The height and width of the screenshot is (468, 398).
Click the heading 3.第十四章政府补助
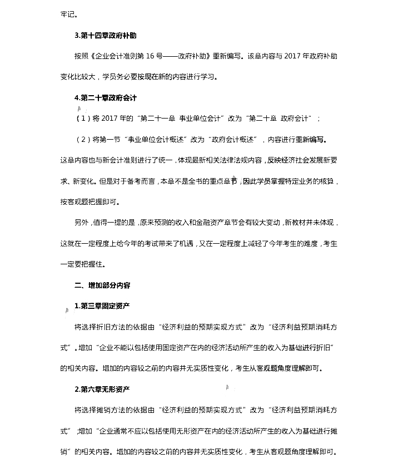[106, 35]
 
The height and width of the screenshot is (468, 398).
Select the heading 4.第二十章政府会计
[106, 98]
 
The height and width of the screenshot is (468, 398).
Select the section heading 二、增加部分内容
[102, 285]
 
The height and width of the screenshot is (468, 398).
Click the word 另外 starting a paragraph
[81, 223]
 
